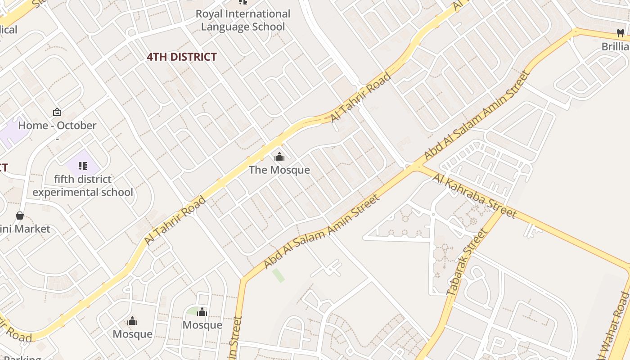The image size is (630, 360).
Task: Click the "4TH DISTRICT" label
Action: click(x=182, y=57)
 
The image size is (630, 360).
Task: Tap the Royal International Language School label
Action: click(x=243, y=20)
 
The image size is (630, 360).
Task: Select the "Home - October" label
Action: click(x=57, y=126)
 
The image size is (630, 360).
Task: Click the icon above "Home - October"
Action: click(x=57, y=112)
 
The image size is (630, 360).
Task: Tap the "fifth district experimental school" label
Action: click(x=83, y=186)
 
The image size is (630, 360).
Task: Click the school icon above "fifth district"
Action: click(x=82, y=166)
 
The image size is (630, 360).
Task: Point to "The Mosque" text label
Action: click(x=279, y=170)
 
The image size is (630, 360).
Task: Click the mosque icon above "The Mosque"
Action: click(x=279, y=157)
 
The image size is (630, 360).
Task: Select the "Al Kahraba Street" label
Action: click(x=474, y=195)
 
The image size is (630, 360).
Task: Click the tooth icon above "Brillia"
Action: click(x=620, y=33)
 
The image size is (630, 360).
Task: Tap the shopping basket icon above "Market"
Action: click(x=20, y=216)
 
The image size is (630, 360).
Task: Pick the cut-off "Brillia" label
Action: click(x=615, y=46)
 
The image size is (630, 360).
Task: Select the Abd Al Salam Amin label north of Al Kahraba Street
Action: click(x=477, y=116)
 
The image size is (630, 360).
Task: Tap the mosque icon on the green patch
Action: click(x=202, y=311)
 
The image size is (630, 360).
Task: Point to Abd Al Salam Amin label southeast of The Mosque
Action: click(x=321, y=231)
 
